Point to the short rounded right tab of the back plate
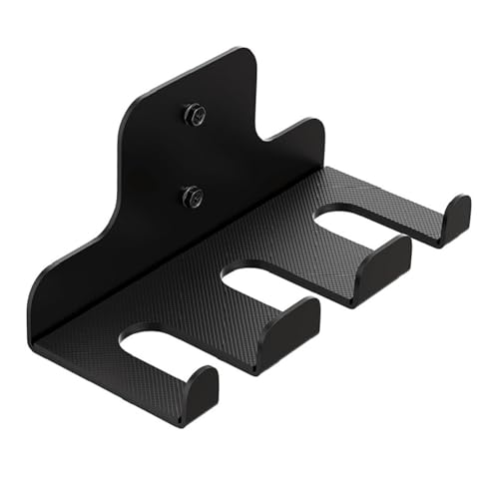pyautogui.click(x=299, y=140)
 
